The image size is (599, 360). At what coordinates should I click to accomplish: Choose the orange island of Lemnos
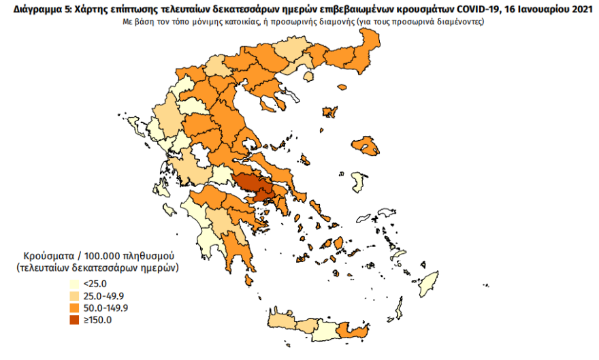331,112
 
